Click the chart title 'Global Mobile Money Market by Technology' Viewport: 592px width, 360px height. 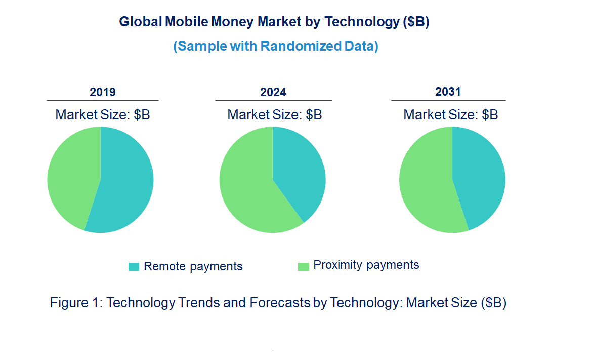(274, 22)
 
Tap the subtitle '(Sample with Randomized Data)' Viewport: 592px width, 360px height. (276, 46)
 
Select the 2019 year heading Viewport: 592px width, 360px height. (103, 92)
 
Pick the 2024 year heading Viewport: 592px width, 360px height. (273, 92)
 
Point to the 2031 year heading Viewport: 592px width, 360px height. (448, 92)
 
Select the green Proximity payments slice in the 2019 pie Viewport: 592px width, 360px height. (71, 177)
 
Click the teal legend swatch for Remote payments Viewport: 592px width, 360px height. (134, 267)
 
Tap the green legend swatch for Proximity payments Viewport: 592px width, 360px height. (303, 266)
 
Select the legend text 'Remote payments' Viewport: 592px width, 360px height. (193, 267)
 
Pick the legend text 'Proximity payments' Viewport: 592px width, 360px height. (366, 265)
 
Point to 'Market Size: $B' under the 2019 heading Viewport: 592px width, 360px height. (103, 115)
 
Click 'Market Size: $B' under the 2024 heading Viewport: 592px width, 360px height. (275, 115)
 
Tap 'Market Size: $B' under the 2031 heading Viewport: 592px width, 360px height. (450, 115)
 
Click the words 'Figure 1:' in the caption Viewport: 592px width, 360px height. (76, 303)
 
